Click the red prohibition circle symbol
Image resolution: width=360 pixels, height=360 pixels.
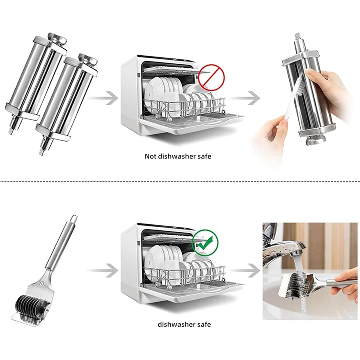pos(211,77)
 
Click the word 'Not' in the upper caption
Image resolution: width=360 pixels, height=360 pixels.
pos(150,156)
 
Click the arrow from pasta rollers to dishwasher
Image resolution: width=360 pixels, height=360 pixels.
pos(103,98)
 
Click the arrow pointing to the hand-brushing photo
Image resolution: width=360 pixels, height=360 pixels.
pos(244,98)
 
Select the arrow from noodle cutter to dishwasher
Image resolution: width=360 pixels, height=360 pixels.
pos(103,270)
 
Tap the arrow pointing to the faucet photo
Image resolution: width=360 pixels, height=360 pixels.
pos(244,270)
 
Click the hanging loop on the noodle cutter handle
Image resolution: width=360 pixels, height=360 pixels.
pos(74,219)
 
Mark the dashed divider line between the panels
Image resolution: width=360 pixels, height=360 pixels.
pos(180,181)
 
